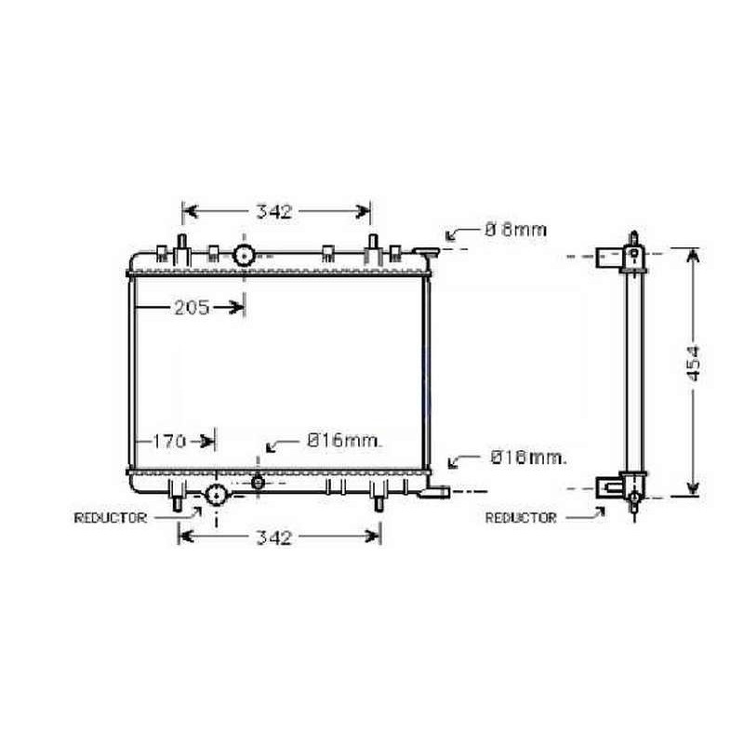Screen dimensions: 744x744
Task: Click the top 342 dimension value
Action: [273, 212]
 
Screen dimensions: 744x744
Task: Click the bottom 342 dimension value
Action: [273, 538]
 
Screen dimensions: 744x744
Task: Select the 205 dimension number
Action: [192, 308]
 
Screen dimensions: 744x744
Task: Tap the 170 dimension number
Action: [169, 442]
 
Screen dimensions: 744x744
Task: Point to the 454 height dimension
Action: [693, 364]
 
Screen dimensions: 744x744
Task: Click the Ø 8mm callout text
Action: [516, 230]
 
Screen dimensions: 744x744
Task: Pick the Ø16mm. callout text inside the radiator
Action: [344, 441]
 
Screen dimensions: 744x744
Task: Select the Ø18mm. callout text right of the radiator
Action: [528, 458]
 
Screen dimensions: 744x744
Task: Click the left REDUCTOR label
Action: [110, 518]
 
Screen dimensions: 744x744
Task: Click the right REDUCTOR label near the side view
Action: [521, 518]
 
